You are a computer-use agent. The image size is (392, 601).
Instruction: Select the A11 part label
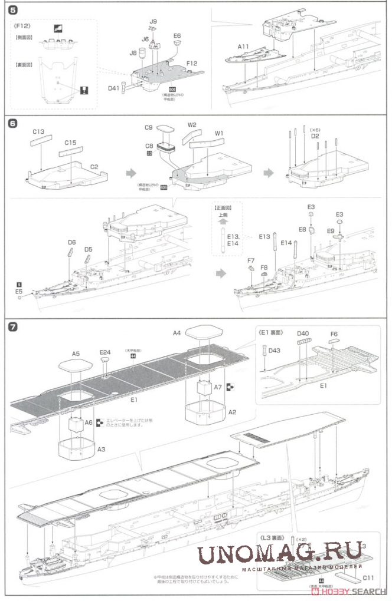244,46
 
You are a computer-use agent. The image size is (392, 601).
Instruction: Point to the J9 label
153,22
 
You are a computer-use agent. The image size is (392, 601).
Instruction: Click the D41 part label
114,88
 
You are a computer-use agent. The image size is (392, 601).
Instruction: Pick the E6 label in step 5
177,36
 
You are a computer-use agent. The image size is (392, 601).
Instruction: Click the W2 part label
192,125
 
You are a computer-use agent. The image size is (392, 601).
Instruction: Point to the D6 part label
71,242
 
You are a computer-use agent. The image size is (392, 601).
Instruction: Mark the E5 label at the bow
19,291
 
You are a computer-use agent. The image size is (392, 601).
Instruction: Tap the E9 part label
331,232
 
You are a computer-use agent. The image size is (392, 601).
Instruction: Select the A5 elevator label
76,354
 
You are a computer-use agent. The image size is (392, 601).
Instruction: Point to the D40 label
303,333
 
